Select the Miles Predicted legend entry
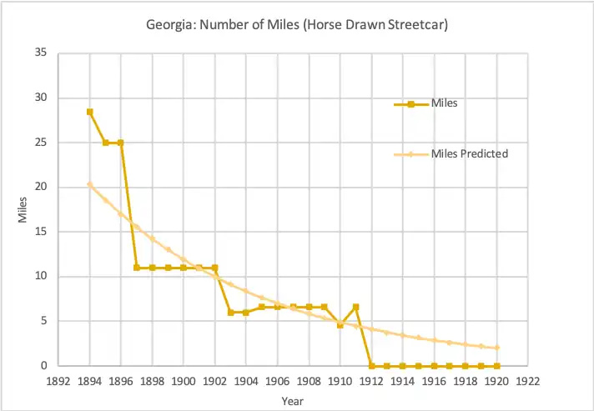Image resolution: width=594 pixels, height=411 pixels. coord(470,154)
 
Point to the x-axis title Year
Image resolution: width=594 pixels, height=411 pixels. coord(293,401)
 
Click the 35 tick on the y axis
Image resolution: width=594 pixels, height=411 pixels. coord(41,53)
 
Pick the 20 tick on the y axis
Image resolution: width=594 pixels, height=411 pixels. coord(41,188)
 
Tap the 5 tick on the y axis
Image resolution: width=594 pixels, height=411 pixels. coord(43,321)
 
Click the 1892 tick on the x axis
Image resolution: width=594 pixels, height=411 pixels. coord(58,380)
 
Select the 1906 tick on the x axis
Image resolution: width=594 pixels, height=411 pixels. coord(277,380)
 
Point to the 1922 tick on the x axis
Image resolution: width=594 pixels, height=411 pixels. coord(527,380)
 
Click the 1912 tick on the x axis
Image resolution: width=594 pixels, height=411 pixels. coord(371,380)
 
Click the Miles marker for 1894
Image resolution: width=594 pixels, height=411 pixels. coord(89,112)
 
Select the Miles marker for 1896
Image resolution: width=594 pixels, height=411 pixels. coord(121,143)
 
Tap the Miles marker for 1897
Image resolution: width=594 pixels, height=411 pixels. coord(137,268)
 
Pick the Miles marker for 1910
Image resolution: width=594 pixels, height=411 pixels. coord(340,325)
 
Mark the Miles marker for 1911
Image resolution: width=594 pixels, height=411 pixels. coord(355,307)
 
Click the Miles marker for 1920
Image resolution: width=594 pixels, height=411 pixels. coord(496,366)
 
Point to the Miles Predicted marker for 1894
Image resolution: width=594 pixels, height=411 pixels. coord(89,184)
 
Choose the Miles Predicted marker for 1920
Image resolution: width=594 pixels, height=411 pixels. coord(496,348)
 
